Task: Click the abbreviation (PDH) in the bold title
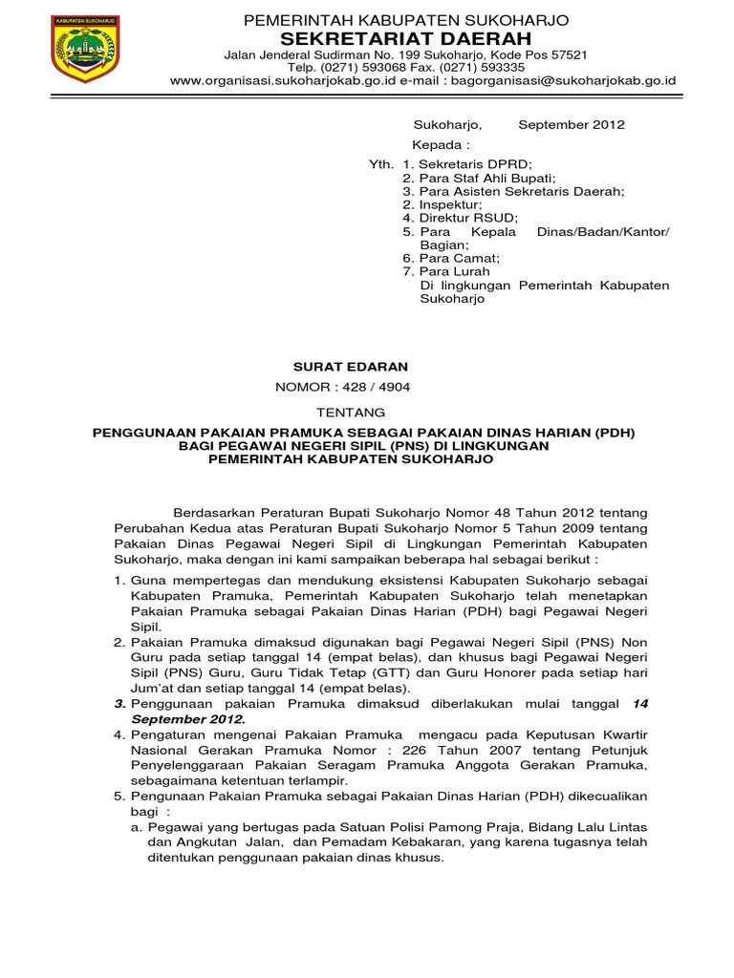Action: pos(615,432)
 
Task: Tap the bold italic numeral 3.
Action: pos(120,703)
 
